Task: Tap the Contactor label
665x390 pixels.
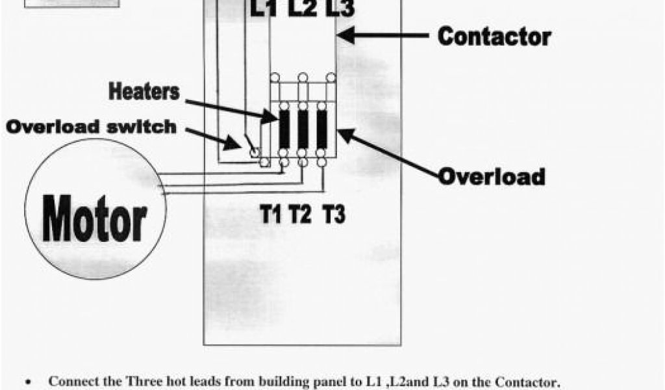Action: (494, 36)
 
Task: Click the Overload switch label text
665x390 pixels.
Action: (91, 127)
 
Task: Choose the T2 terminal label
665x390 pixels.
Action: (300, 214)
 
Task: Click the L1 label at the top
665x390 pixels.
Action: (264, 9)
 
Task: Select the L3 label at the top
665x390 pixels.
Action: (338, 9)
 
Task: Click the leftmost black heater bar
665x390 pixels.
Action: (284, 129)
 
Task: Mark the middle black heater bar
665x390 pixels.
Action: (303, 129)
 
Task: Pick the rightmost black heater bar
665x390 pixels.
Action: (321, 129)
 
